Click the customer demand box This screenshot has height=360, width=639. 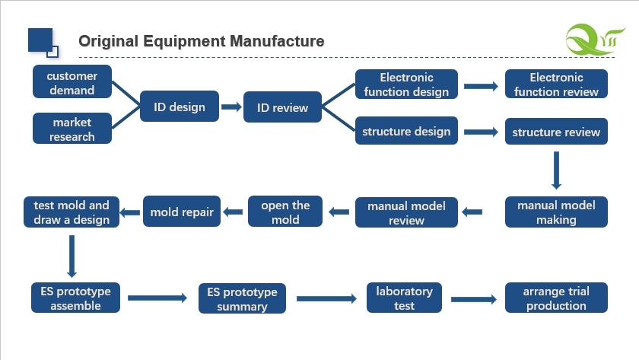pyautogui.click(x=72, y=81)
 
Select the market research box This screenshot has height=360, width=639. pyautogui.click(x=72, y=129)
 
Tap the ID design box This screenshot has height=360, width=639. pyautogui.click(x=180, y=107)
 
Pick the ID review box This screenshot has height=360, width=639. pyautogui.click(x=282, y=107)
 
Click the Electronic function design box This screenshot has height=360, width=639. pyautogui.click(x=406, y=84)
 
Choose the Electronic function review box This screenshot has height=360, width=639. pyautogui.click(x=556, y=84)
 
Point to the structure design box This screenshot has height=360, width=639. pyautogui.click(x=406, y=131)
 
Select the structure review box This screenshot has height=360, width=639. pyautogui.click(x=556, y=131)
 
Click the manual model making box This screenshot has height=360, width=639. pyautogui.click(x=556, y=212)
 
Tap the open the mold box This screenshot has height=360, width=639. pyautogui.click(x=285, y=212)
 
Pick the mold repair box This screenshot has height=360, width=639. pyautogui.click(x=182, y=212)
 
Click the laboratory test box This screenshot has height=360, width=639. pyautogui.click(x=404, y=298)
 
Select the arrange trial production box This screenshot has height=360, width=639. pyautogui.click(x=556, y=298)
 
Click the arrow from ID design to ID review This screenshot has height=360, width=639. pyautogui.click(x=231, y=107)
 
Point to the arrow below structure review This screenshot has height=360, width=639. pyautogui.click(x=556, y=170)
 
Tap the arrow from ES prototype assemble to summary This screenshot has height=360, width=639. pyautogui.click(x=157, y=298)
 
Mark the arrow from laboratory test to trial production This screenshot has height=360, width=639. pyautogui.click(x=474, y=299)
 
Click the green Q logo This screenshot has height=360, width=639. pyautogui.click(x=595, y=40)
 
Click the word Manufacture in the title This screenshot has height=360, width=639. pyautogui.click(x=277, y=41)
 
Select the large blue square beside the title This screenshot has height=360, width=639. pyautogui.click(x=40, y=40)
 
